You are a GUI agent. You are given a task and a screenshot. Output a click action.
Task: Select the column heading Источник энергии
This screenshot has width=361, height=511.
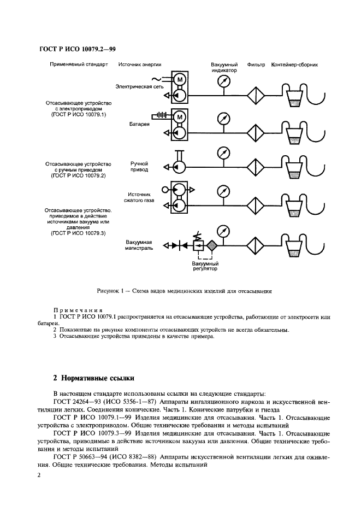coord(140,64)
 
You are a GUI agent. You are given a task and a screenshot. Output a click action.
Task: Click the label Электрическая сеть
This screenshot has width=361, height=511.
coord(140,86)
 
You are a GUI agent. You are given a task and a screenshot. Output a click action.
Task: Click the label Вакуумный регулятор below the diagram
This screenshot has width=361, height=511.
coord(205,266)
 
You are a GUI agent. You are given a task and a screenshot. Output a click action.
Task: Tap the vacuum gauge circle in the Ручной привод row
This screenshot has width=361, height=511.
coord(222,151)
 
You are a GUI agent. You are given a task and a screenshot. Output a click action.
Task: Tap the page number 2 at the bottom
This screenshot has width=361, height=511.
coord(39,475)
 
